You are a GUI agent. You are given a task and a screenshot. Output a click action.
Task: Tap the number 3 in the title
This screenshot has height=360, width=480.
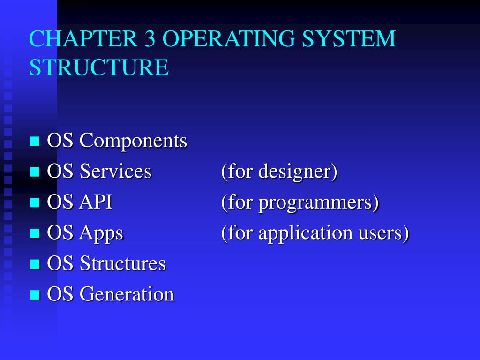(x=150, y=39)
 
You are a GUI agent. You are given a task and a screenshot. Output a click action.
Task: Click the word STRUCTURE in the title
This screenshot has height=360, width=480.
(x=99, y=67)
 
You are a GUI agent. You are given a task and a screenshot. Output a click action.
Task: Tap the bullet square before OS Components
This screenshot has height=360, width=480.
(x=35, y=141)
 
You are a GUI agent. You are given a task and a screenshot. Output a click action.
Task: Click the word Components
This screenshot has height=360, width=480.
(x=134, y=141)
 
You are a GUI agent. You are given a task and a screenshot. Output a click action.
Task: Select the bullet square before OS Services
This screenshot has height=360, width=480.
(x=35, y=172)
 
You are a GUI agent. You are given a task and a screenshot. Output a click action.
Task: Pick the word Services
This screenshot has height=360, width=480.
(x=116, y=172)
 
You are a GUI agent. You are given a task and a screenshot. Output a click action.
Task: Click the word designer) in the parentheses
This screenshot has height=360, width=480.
(x=298, y=172)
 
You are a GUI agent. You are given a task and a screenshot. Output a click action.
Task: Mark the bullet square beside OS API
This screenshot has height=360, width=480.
(x=35, y=202)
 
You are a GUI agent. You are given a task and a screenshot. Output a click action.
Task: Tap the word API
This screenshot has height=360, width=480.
(x=96, y=202)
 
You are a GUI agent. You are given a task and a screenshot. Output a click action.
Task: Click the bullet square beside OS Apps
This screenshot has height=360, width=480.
(x=35, y=233)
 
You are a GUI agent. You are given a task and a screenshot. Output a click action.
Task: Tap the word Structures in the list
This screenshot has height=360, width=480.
(x=123, y=264)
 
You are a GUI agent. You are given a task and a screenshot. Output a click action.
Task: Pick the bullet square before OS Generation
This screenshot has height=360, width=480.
(x=35, y=295)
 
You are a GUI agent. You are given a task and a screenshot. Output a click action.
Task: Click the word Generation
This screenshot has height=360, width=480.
(x=127, y=295)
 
